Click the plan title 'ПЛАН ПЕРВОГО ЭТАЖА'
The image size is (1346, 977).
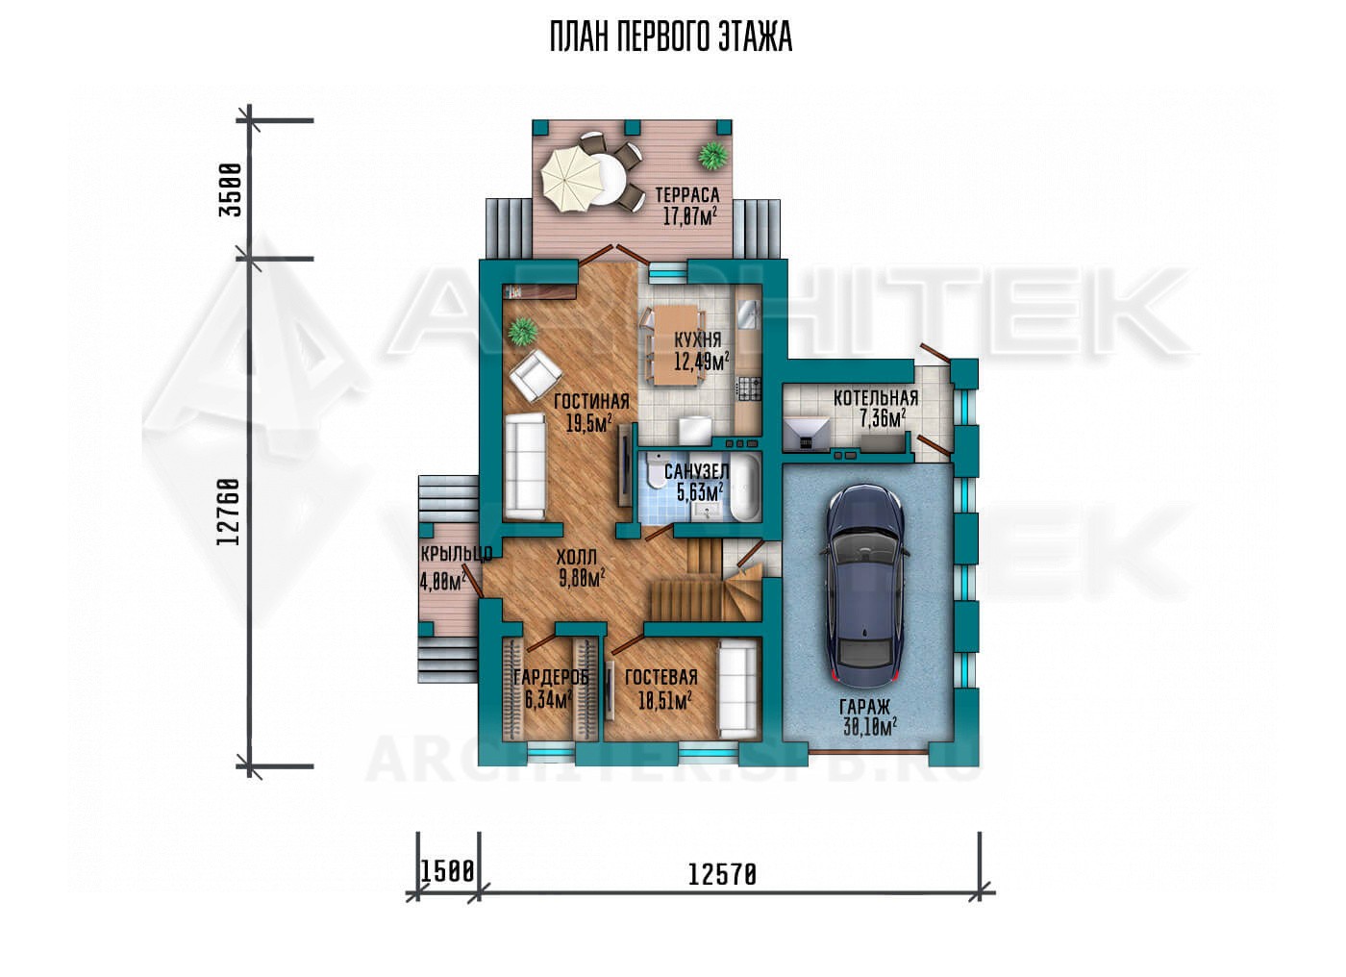coord(671,38)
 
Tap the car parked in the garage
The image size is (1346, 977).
coord(864,587)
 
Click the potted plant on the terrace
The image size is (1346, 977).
coord(712,156)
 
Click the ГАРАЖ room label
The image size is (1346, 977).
coord(864,707)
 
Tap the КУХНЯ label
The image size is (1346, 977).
coord(697,339)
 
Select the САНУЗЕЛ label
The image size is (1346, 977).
coord(696,471)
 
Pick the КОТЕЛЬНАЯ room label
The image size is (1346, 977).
coord(876,398)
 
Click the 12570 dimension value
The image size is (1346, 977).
coord(722,875)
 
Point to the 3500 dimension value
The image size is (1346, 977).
coord(231,189)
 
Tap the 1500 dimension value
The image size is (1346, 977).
coord(447,870)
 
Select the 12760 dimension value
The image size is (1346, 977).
coord(229,512)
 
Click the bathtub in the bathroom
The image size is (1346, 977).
coord(744,495)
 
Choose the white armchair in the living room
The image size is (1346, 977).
coord(536,377)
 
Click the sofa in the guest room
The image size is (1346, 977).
coord(738,689)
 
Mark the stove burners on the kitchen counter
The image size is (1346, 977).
coord(749,388)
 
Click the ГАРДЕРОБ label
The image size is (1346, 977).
coord(550,678)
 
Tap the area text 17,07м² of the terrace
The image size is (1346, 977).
coord(690,215)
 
